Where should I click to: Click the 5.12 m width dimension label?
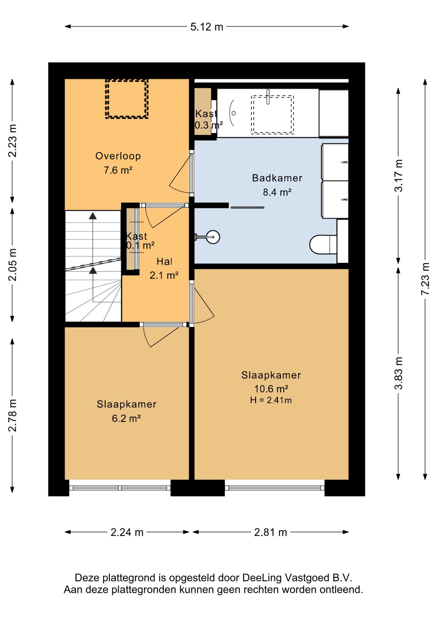[x=207, y=27]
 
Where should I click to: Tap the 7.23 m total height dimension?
[x=425, y=279]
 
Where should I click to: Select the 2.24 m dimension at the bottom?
[x=127, y=532]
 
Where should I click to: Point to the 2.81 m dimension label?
[x=270, y=532]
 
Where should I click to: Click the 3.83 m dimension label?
[x=398, y=373]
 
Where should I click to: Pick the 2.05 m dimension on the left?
[x=12, y=265]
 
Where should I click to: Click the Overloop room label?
[x=118, y=156]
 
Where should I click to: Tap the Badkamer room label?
[x=277, y=178]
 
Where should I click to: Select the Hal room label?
[x=164, y=261]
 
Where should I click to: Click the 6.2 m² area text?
[x=126, y=418]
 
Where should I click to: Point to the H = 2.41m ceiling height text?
[x=271, y=400]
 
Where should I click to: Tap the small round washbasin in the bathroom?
[x=213, y=237]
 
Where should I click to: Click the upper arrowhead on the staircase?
[x=93, y=216]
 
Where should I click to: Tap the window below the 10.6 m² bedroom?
[x=274, y=488]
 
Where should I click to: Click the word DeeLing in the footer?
[x=262, y=578]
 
